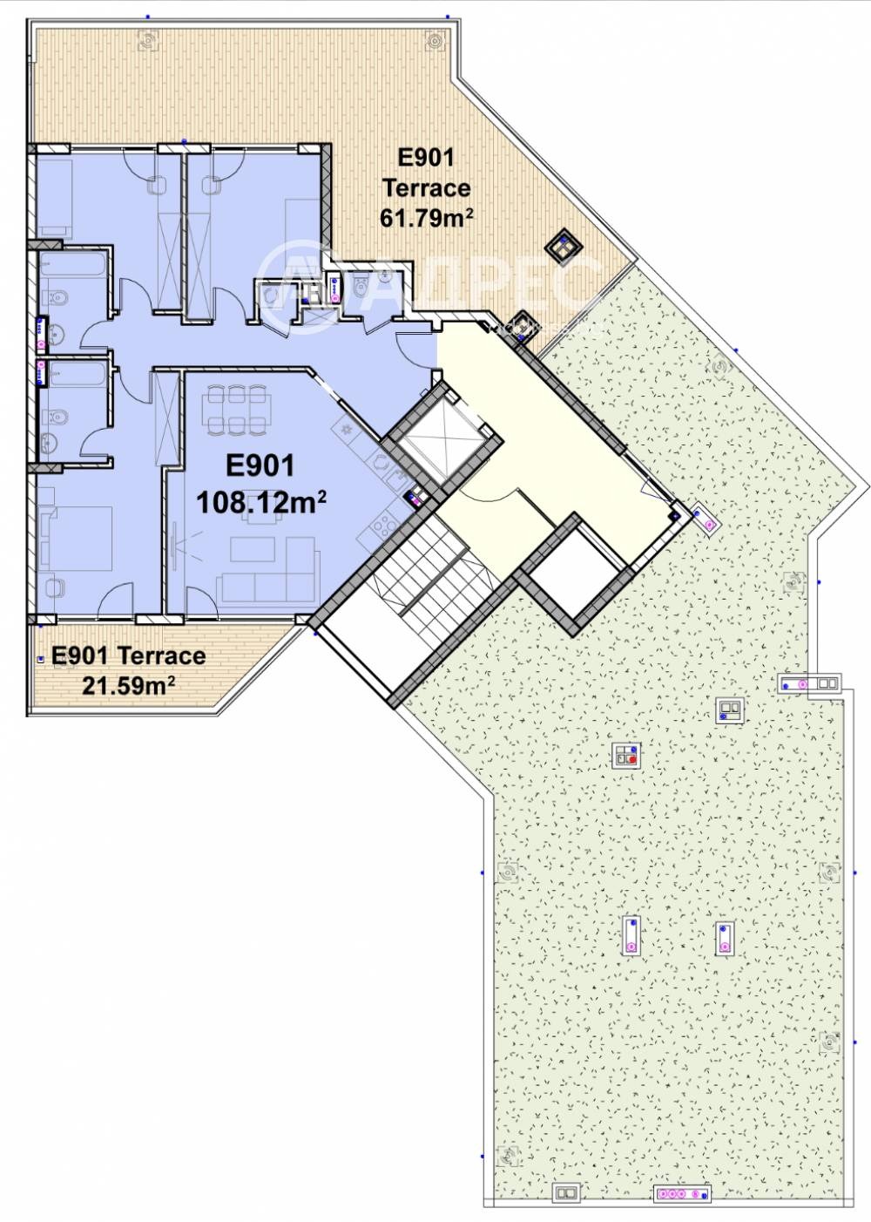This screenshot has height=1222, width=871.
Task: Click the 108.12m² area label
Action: coord(261,501)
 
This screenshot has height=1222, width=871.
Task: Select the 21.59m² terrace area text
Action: coord(129,684)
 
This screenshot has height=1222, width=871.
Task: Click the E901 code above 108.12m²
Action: coord(260,466)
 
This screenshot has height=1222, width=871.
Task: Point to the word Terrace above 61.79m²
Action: coord(426,188)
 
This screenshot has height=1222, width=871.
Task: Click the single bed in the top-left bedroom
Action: coord(54,199)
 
